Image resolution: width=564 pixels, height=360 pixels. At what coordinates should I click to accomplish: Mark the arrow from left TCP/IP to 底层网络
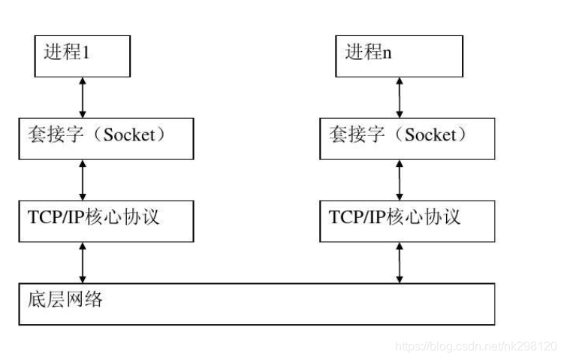coord(83,262)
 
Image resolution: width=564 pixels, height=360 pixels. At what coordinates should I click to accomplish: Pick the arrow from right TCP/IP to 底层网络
coord(400,262)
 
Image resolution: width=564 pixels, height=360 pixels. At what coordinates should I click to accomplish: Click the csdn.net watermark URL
coord(475,346)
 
